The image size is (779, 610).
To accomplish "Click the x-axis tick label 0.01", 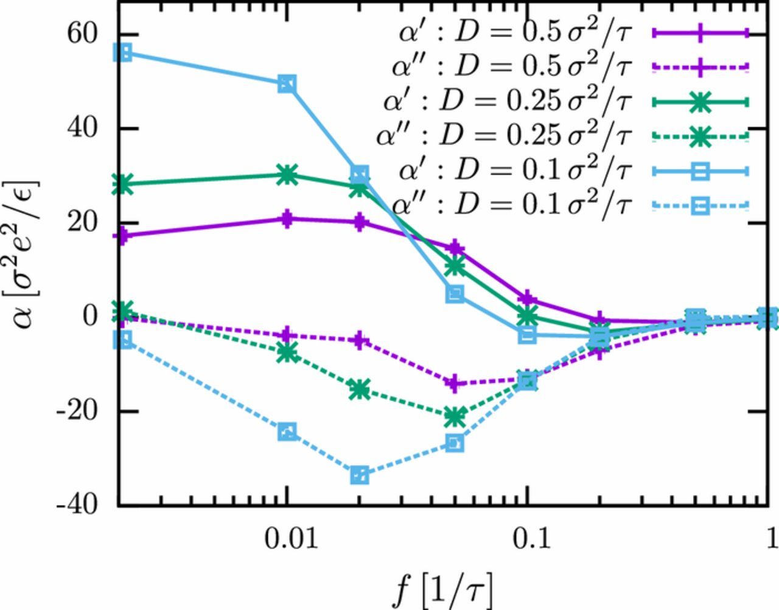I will (287, 538).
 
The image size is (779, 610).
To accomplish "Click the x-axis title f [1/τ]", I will (442, 587).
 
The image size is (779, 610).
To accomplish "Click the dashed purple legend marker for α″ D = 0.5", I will (700, 68).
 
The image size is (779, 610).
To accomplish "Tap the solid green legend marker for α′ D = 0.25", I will (700, 102).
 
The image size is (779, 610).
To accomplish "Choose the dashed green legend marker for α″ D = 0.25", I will (700, 136).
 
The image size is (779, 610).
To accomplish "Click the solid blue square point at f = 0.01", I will (287, 84).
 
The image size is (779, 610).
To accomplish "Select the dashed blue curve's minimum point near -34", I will (360, 475).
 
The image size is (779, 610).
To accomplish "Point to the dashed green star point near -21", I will (455, 417).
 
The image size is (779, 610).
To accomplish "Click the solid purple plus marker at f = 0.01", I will (287, 219).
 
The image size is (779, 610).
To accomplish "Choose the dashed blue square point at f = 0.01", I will (287, 432).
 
